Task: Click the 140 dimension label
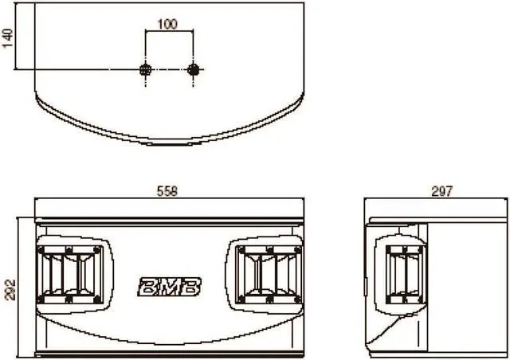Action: (x=9, y=35)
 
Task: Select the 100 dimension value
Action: (x=167, y=24)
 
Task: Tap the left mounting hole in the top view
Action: (x=145, y=70)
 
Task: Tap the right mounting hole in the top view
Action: (x=193, y=70)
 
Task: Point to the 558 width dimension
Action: (x=167, y=191)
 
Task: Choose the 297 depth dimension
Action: (x=441, y=191)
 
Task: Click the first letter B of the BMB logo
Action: (x=149, y=284)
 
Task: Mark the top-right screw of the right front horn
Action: (x=296, y=249)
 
